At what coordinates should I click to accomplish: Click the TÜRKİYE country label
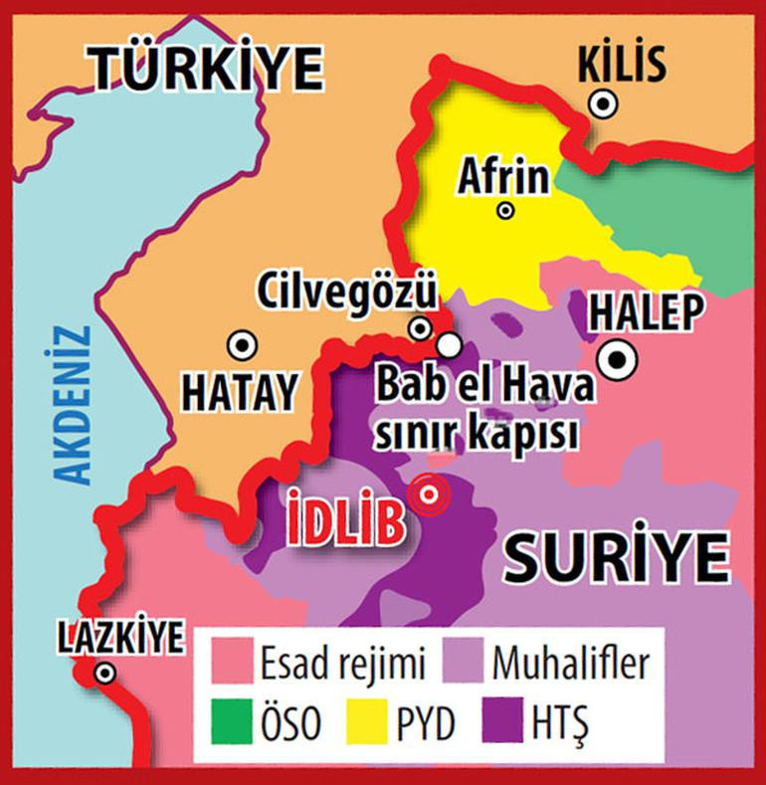[209, 67]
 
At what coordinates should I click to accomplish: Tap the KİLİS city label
[622, 65]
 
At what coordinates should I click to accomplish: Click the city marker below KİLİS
[601, 101]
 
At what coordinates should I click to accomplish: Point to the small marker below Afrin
[505, 210]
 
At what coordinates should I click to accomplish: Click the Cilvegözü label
[347, 293]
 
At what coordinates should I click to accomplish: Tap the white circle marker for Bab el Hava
[450, 344]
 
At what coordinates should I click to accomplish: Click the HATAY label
[240, 392]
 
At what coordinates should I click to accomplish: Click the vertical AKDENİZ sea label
[73, 404]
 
